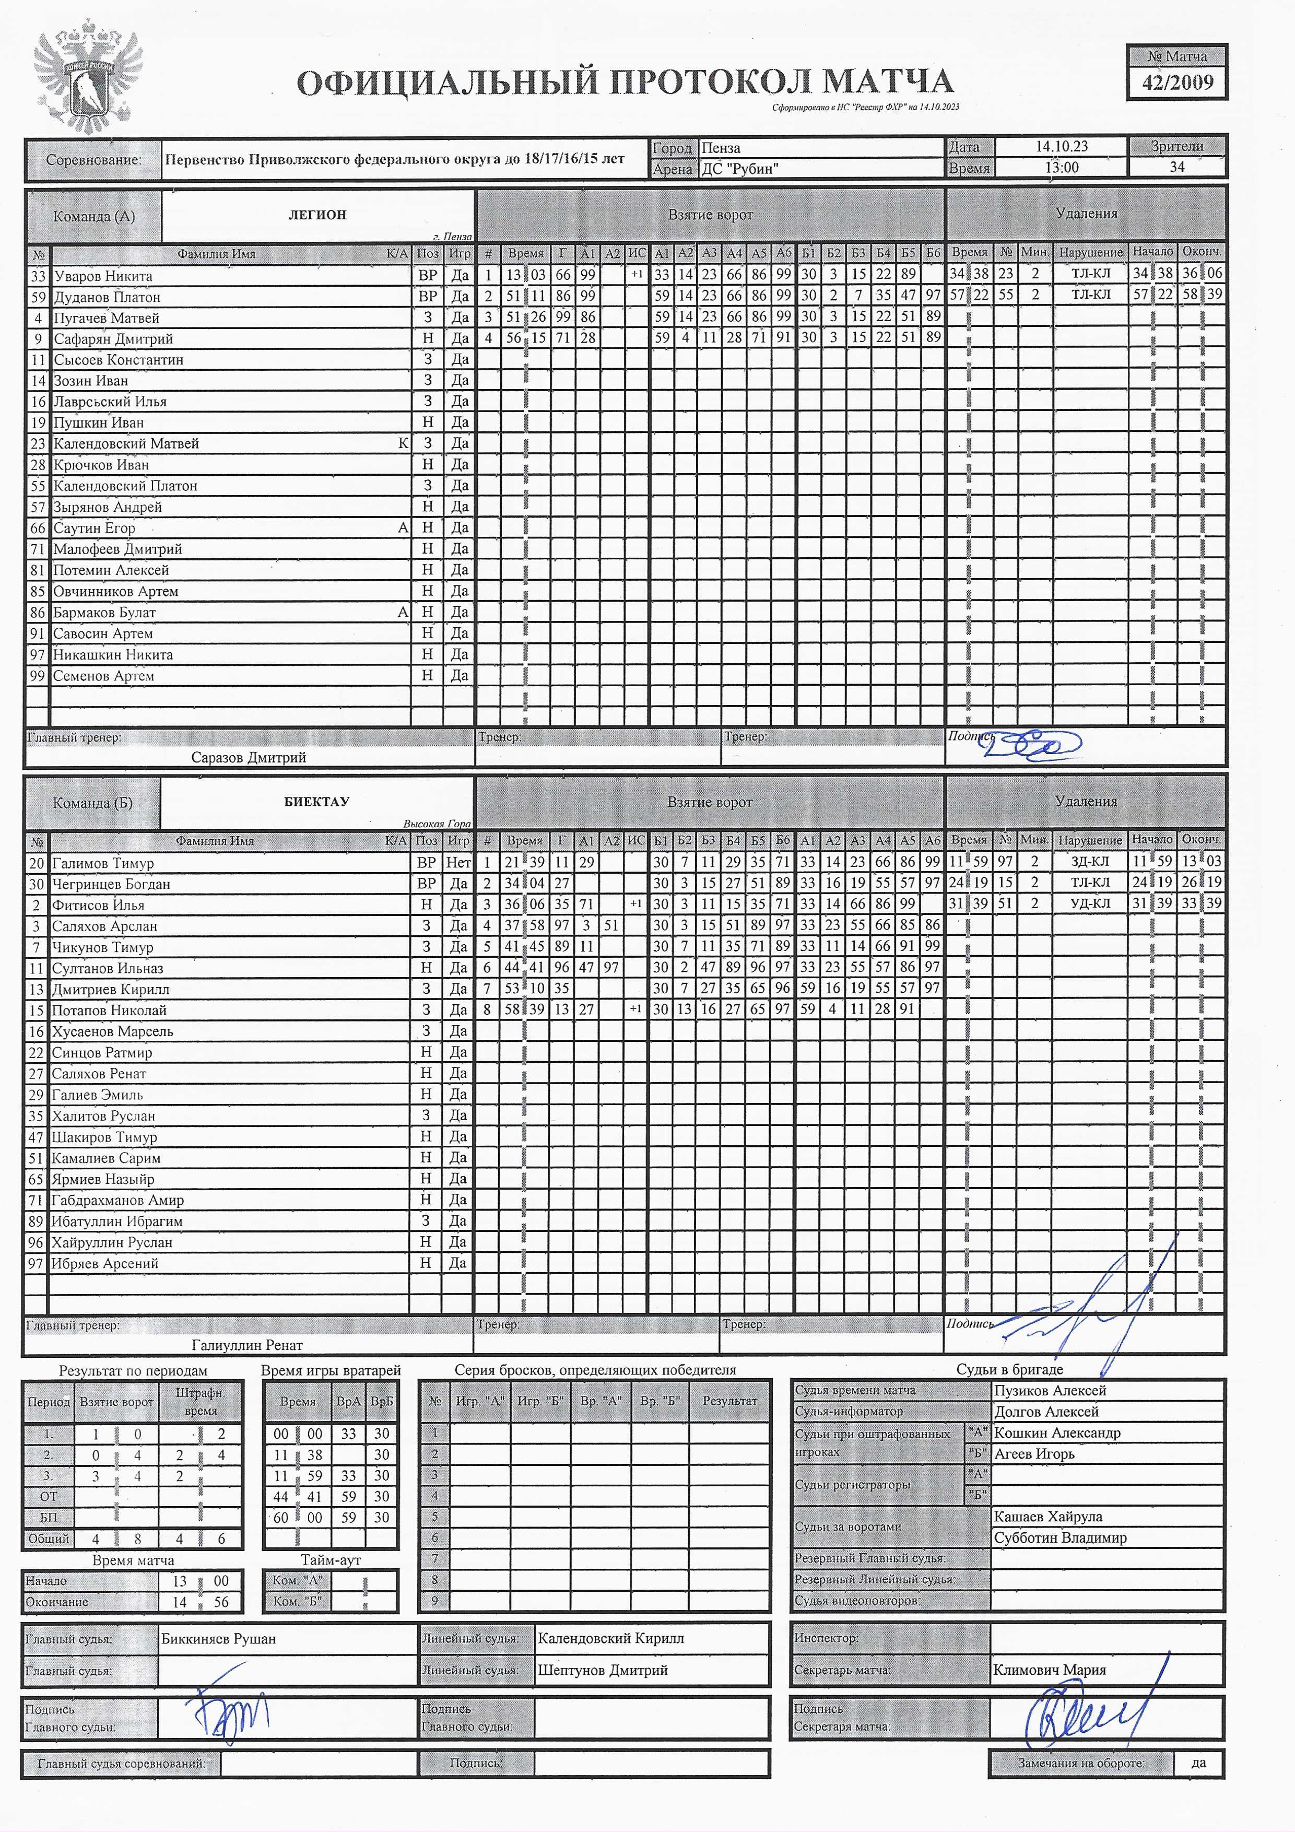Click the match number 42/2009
1177,82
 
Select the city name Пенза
721,148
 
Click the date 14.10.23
1061,146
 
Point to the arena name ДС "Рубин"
739,168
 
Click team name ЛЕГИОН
317,215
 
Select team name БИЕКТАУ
317,802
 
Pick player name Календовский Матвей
126,443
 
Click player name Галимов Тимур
102,863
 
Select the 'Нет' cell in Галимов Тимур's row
458,863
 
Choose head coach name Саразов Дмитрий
248,757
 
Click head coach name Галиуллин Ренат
248,1345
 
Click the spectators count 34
1177,167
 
